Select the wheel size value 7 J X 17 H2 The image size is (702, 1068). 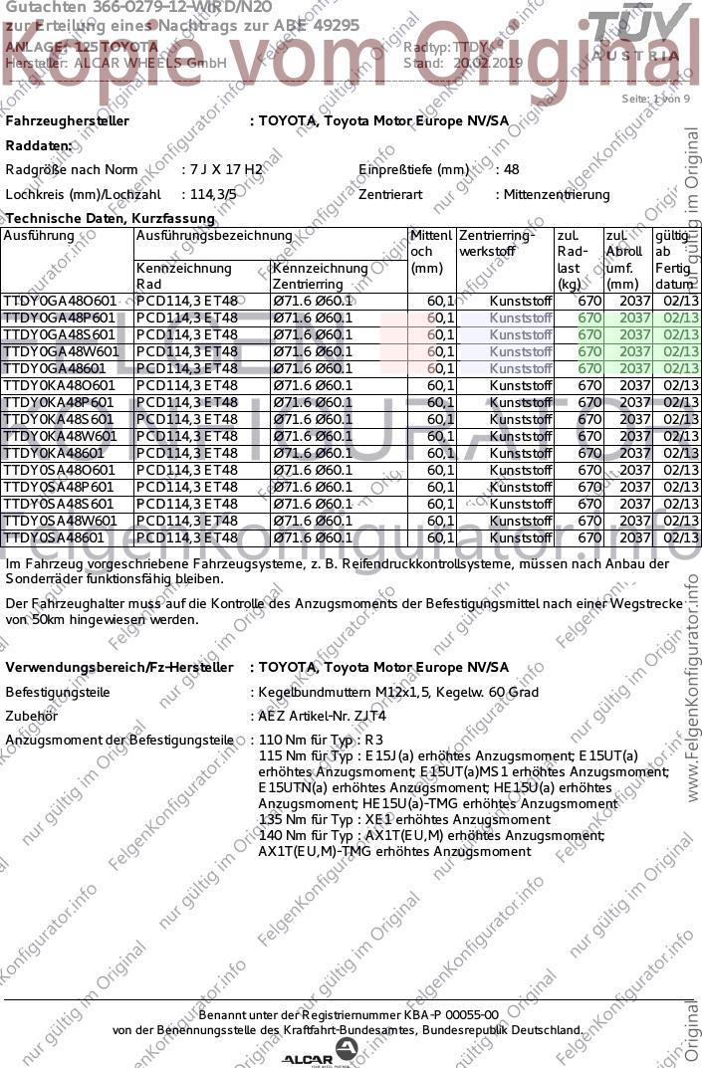click(226, 170)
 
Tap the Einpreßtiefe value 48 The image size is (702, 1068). click(512, 170)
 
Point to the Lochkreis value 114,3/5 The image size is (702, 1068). click(213, 195)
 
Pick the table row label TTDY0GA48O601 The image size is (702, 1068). click(61, 301)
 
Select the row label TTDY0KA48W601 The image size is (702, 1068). click(61, 436)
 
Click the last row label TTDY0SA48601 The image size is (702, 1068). click(54, 537)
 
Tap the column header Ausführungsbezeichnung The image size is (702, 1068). click(214, 237)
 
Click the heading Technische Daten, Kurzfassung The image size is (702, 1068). click(111, 218)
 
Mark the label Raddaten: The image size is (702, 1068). click(40, 145)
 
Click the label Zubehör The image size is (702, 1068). click(32, 716)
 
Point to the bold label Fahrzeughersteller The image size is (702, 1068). click(68, 121)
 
